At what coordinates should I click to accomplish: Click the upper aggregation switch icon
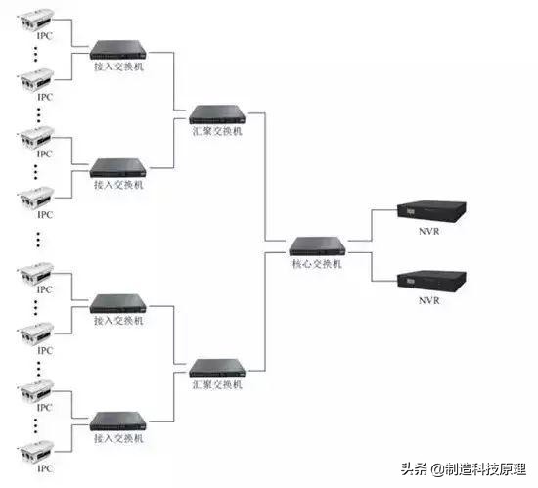(216, 112)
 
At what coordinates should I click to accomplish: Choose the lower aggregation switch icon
(216, 369)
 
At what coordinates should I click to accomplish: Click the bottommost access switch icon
(118, 422)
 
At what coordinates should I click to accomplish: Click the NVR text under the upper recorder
(427, 233)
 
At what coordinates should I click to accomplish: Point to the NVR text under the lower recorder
(427, 300)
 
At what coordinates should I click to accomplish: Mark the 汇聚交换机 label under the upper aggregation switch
(216, 131)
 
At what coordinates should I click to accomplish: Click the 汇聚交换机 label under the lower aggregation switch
(216, 386)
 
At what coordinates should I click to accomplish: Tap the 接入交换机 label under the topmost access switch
(118, 68)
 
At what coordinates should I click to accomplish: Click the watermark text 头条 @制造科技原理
(471, 468)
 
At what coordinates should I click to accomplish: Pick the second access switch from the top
(118, 165)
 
